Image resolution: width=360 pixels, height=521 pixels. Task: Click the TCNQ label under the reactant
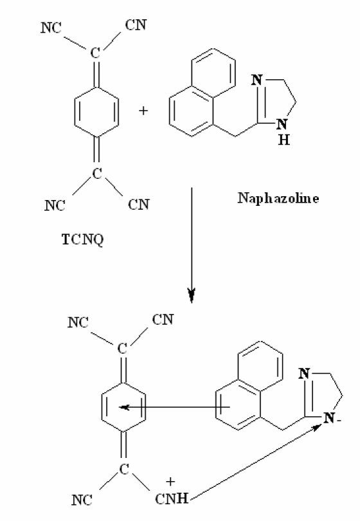click(83, 239)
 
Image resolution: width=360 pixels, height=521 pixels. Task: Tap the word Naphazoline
click(278, 198)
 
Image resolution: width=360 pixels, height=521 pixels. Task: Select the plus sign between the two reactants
click(143, 111)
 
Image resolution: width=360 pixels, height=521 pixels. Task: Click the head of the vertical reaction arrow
click(192, 295)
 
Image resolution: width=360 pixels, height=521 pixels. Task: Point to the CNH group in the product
click(172, 498)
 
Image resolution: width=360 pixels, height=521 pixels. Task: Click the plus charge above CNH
click(170, 481)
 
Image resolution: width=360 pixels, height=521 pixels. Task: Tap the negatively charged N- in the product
click(331, 417)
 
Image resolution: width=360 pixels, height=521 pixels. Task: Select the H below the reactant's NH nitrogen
click(284, 140)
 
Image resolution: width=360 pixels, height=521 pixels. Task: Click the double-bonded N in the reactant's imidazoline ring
click(257, 80)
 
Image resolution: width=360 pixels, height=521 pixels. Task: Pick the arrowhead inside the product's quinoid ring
click(124, 407)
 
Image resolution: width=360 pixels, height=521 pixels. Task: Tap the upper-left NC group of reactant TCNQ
click(51, 28)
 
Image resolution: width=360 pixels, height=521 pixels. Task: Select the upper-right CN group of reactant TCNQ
click(136, 25)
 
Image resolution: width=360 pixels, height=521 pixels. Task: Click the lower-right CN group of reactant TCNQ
click(139, 205)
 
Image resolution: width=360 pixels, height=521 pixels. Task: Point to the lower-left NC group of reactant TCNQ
click(55, 205)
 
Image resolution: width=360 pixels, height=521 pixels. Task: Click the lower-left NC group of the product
click(82, 500)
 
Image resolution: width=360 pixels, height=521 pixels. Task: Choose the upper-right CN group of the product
click(163, 319)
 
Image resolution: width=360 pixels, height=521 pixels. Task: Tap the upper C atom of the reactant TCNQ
click(95, 53)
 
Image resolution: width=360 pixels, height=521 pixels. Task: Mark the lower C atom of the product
click(124, 469)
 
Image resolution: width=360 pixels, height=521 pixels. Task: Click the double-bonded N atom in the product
click(304, 374)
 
